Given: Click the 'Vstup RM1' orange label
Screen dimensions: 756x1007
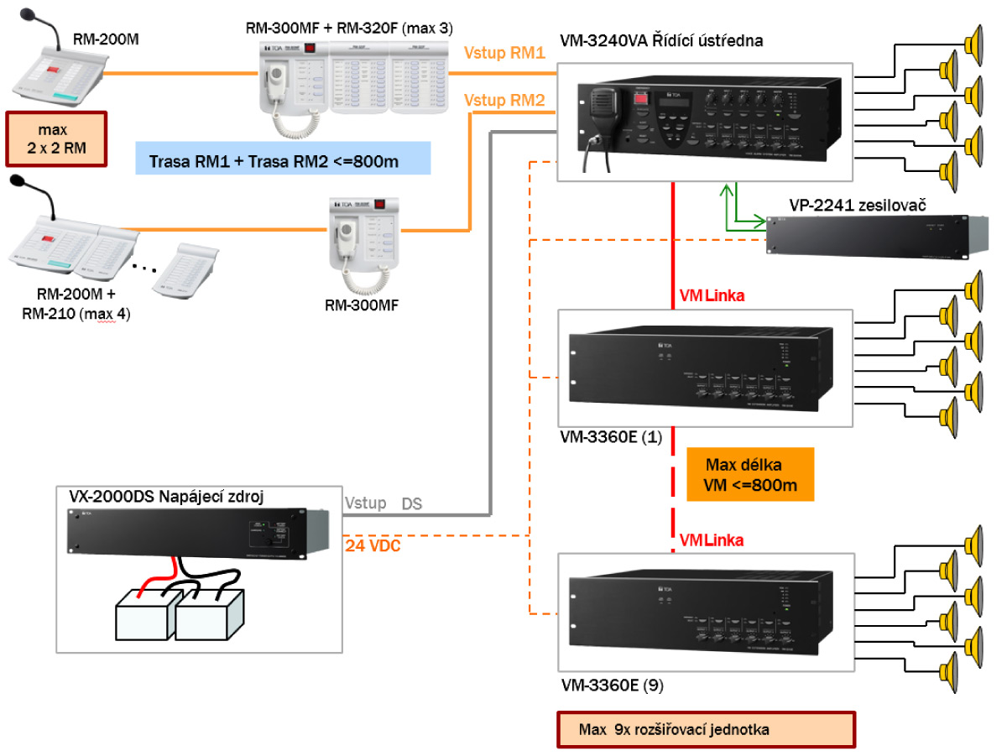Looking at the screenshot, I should [504, 53].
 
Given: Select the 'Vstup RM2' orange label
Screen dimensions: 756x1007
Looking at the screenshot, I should [504, 101].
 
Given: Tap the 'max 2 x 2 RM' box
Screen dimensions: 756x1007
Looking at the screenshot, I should [55, 139].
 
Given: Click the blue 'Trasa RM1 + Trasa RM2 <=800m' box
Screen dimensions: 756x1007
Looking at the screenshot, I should [283, 159].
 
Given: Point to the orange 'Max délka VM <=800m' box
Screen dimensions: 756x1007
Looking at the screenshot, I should [749, 474].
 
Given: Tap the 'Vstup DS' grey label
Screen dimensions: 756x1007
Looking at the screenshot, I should [383, 503].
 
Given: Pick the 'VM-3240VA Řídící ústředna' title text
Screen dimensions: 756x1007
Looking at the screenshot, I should [661, 39].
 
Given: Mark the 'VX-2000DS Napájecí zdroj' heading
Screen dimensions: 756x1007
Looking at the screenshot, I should [166, 497].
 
